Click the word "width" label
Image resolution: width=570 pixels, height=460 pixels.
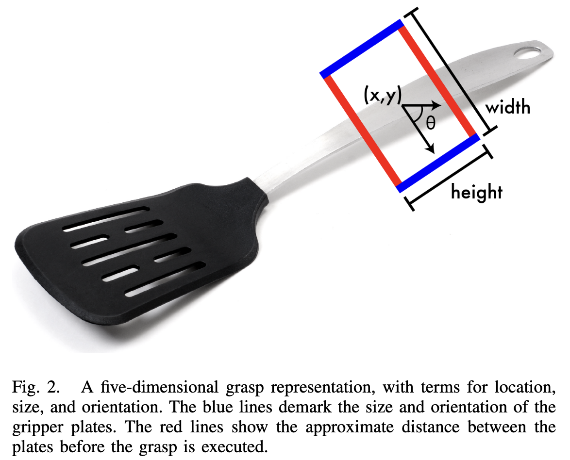click(x=508, y=107)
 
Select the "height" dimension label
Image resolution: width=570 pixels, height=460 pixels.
click(x=476, y=192)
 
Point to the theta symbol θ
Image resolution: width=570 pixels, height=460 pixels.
click(x=431, y=122)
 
